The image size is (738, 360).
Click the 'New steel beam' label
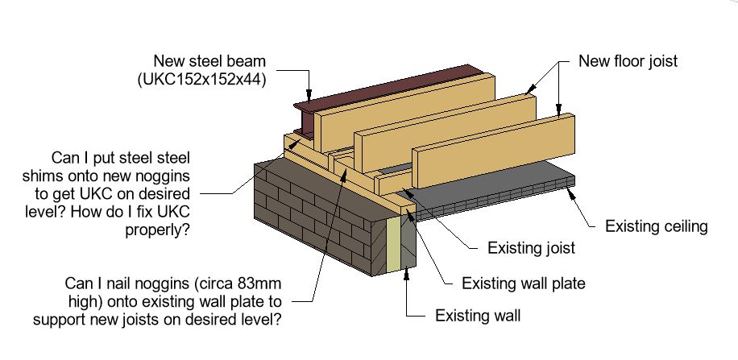click(x=210, y=61)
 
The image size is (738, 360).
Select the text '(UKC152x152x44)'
click(x=202, y=80)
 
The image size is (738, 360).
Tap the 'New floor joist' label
click(x=628, y=61)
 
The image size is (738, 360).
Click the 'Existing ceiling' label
click(x=657, y=226)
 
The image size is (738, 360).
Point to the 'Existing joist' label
click(x=531, y=248)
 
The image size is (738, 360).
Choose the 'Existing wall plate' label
click(x=524, y=283)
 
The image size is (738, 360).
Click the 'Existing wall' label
click(x=478, y=315)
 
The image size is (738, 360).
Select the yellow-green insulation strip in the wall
click(x=393, y=245)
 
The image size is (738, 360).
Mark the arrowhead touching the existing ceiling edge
click(x=571, y=191)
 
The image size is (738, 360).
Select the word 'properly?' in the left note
click(x=157, y=231)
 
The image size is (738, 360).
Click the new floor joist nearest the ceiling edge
click(x=494, y=151)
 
